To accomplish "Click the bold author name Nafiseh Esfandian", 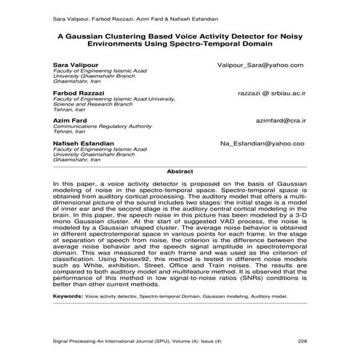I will tap(83, 143).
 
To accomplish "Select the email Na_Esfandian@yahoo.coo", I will tap(262, 144).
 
